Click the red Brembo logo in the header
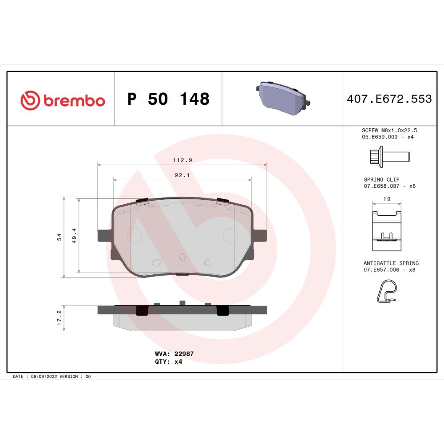63,100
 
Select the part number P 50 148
168,99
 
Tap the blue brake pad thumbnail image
283,98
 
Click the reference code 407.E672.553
389,99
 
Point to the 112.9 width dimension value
182,160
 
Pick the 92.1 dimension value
182,175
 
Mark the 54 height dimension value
59,237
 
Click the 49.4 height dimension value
74,236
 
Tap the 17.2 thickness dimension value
59,317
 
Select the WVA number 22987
184,354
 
